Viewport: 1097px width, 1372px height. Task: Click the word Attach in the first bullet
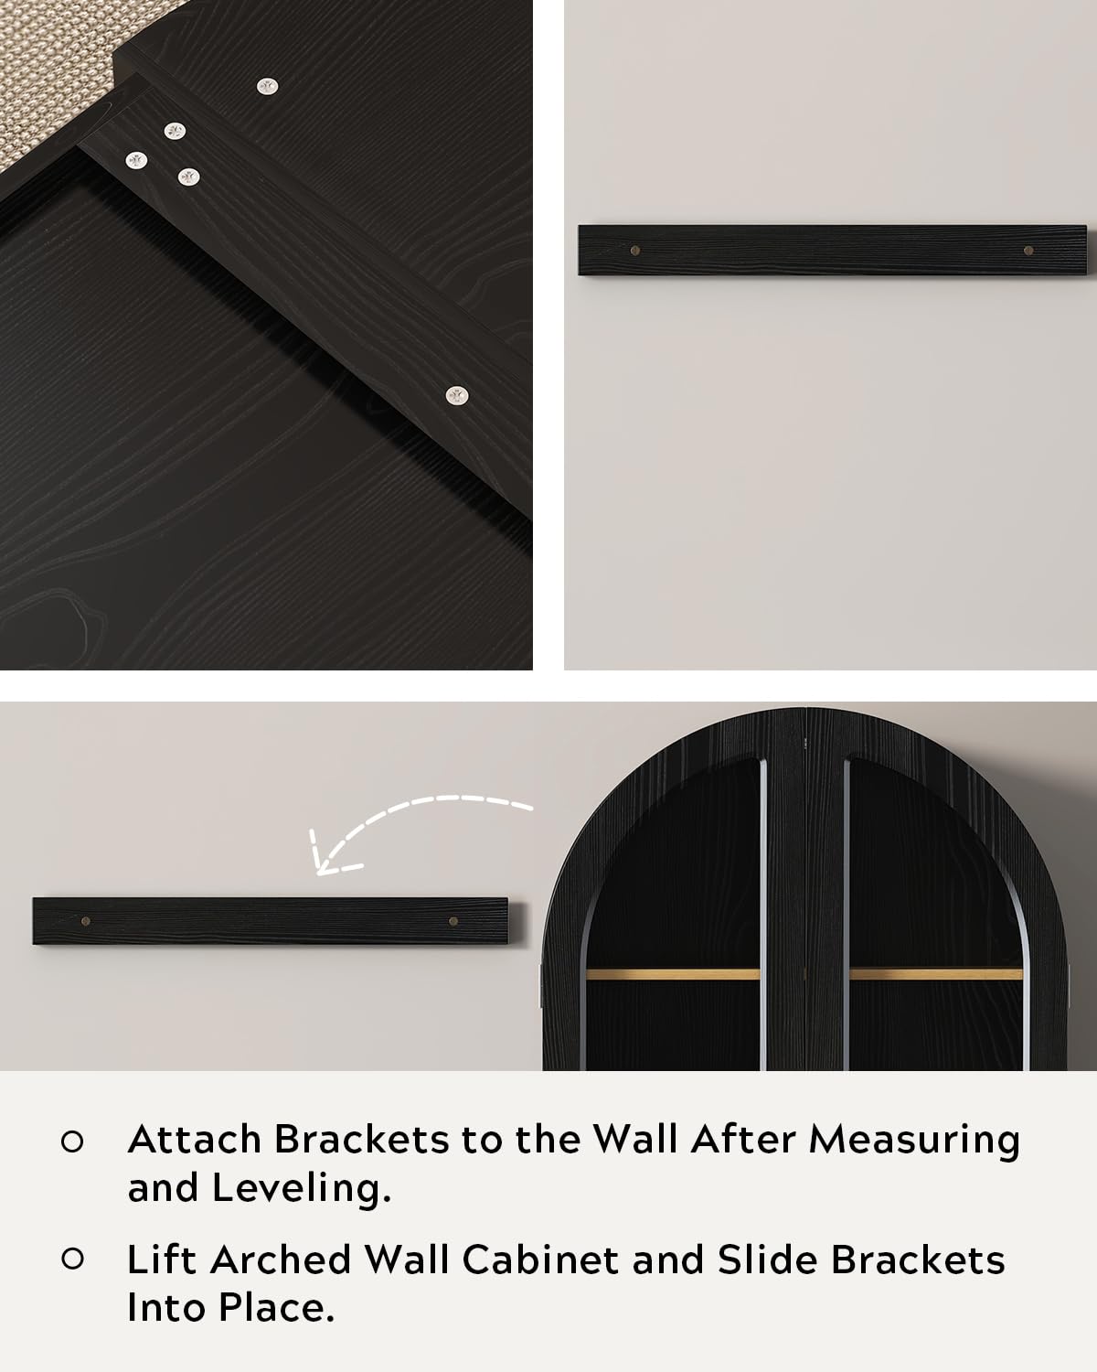tap(194, 1139)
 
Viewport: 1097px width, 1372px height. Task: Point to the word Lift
tap(161, 1259)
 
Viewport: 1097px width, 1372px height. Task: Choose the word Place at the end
tap(276, 1308)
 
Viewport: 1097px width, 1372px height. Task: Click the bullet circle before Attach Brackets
tap(72, 1142)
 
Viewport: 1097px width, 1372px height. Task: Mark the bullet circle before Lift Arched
tap(72, 1259)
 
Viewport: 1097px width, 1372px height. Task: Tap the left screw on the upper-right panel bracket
tap(635, 251)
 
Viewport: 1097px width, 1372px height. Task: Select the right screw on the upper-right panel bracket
tap(1028, 251)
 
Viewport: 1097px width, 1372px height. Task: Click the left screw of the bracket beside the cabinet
tap(86, 921)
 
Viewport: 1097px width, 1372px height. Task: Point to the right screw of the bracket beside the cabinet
tap(453, 921)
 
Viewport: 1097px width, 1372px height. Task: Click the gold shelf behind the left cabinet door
tap(673, 974)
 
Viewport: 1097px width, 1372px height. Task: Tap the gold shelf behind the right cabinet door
tap(936, 974)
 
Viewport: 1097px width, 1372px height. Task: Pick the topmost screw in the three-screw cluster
tap(175, 132)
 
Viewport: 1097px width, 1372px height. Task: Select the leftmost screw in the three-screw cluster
tap(136, 161)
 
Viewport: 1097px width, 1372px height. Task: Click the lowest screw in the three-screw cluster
tap(188, 177)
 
